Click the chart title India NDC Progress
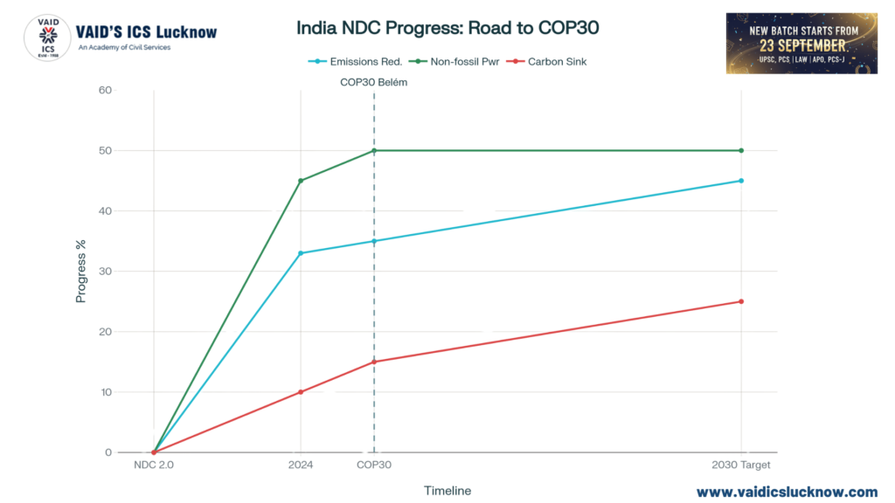pos(447,27)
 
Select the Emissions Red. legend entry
pos(360,61)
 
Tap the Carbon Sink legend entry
pos(551,61)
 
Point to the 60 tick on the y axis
pos(105,90)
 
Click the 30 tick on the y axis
pos(105,272)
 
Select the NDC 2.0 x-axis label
pos(154,465)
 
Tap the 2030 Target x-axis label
pos(741,465)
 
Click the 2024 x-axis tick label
pos(301,465)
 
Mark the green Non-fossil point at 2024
pos(301,181)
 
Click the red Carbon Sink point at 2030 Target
pos(741,301)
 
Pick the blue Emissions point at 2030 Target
pos(741,181)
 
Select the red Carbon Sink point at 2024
pos(301,392)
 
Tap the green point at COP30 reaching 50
pos(374,150)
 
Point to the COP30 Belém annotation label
pos(374,82)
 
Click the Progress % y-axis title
pos(80,272)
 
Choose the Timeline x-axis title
pos(447,491)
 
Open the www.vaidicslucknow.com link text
pos(787,492)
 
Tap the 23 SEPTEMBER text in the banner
pos(802,45)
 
